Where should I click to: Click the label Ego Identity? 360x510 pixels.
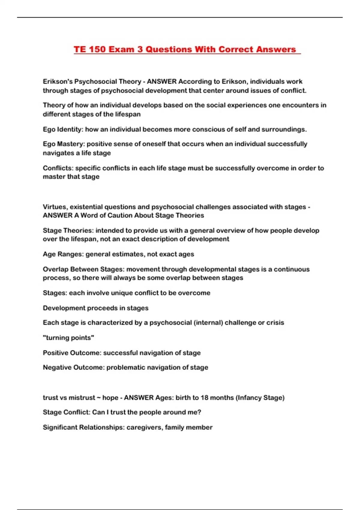coord(63,129)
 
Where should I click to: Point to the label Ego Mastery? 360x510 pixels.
coord(64,144)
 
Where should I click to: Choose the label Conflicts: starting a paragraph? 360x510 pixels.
coord(58,168)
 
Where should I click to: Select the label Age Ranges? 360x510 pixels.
coord(63,254)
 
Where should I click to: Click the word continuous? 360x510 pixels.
coord(292,269)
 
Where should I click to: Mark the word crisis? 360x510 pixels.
coord(275,322)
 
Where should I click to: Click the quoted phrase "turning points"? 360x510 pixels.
coord(68,337)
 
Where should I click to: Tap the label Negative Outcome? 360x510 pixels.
coord(73,367)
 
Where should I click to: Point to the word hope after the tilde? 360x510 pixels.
coord(110,397)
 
